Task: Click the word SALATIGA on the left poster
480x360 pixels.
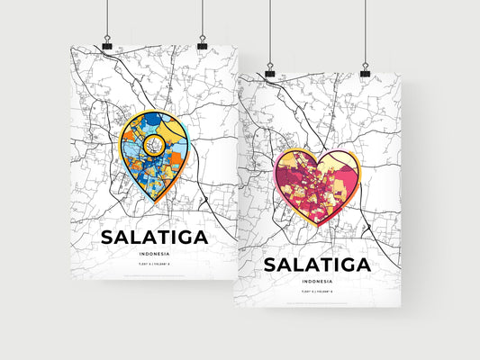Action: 154,238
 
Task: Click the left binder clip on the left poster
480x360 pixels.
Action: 107,44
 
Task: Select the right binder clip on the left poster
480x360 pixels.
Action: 202,44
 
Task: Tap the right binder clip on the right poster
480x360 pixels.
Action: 366,71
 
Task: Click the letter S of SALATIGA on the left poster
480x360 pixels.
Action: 108,238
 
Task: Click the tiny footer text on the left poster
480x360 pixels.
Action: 154,274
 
